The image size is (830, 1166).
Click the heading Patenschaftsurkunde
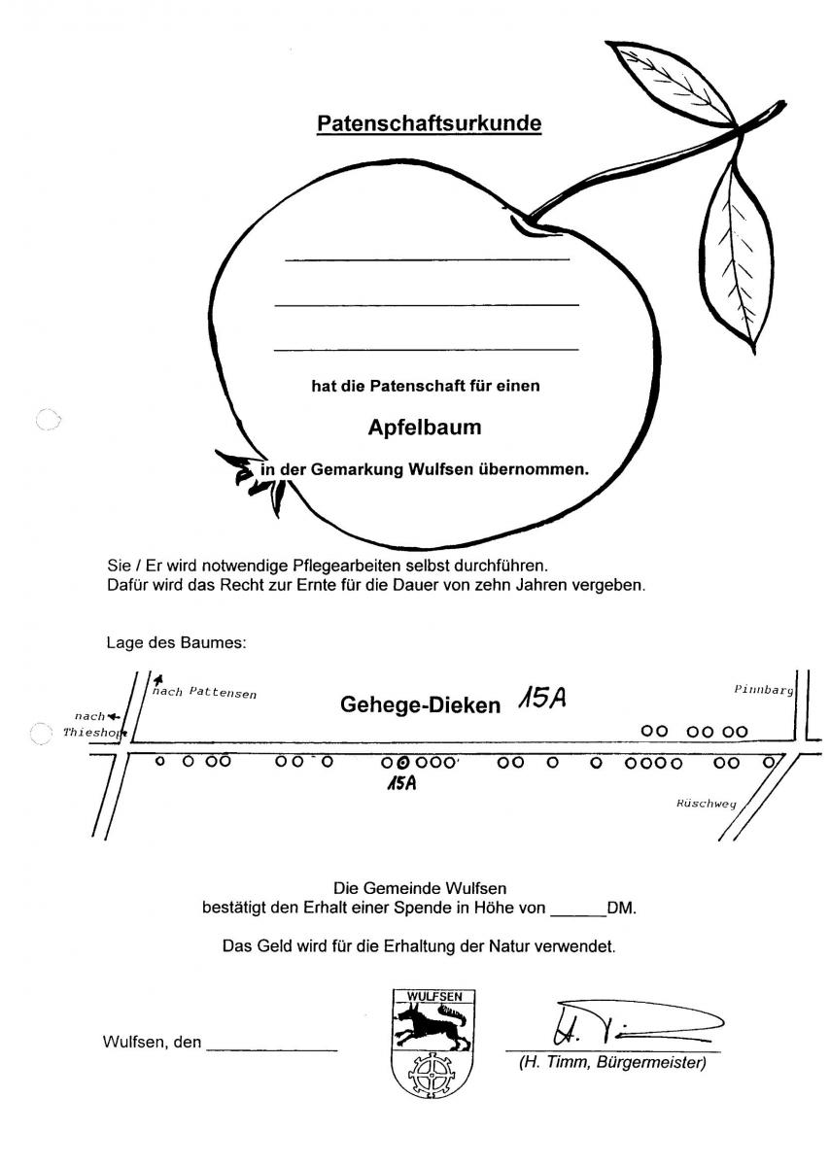[x=429, y=124]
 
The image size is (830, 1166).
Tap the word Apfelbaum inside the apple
[x=424, y=427]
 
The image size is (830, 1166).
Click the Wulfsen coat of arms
[x=434, y=1043]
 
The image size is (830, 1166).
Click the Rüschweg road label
[x=707, y=804]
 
